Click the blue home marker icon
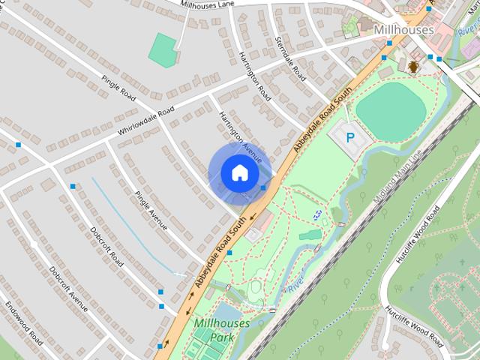point(238,172)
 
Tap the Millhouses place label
point(403,29)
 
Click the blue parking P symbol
point(350,137)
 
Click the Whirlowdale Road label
point(145,121)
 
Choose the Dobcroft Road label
point(106,245)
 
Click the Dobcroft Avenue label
point(68,289)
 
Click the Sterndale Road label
point(291,58)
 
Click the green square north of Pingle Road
point(163,49)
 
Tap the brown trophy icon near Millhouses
point(413,67)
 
